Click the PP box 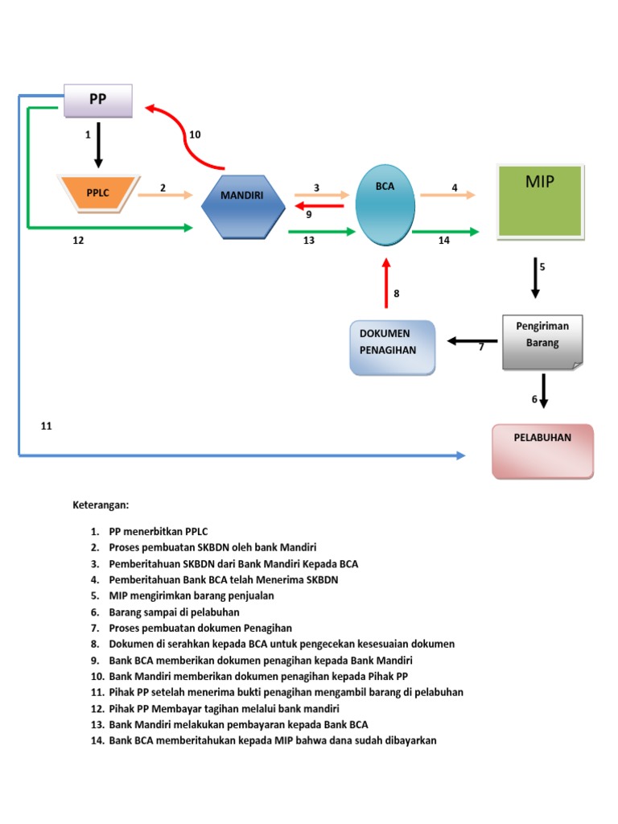point(97,101)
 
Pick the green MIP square point(541,201)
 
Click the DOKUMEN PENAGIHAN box point(392,348)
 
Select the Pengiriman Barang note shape point(542,341)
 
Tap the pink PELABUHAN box point(542,451)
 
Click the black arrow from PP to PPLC point(98,144)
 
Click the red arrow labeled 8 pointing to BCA point(386,283)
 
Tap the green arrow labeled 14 point(445,232)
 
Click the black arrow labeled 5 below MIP point(536,278)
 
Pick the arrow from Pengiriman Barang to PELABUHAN point(544,391)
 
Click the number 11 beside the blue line point(47,426)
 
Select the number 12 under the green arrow point(78,240)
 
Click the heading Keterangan point(101,505)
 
